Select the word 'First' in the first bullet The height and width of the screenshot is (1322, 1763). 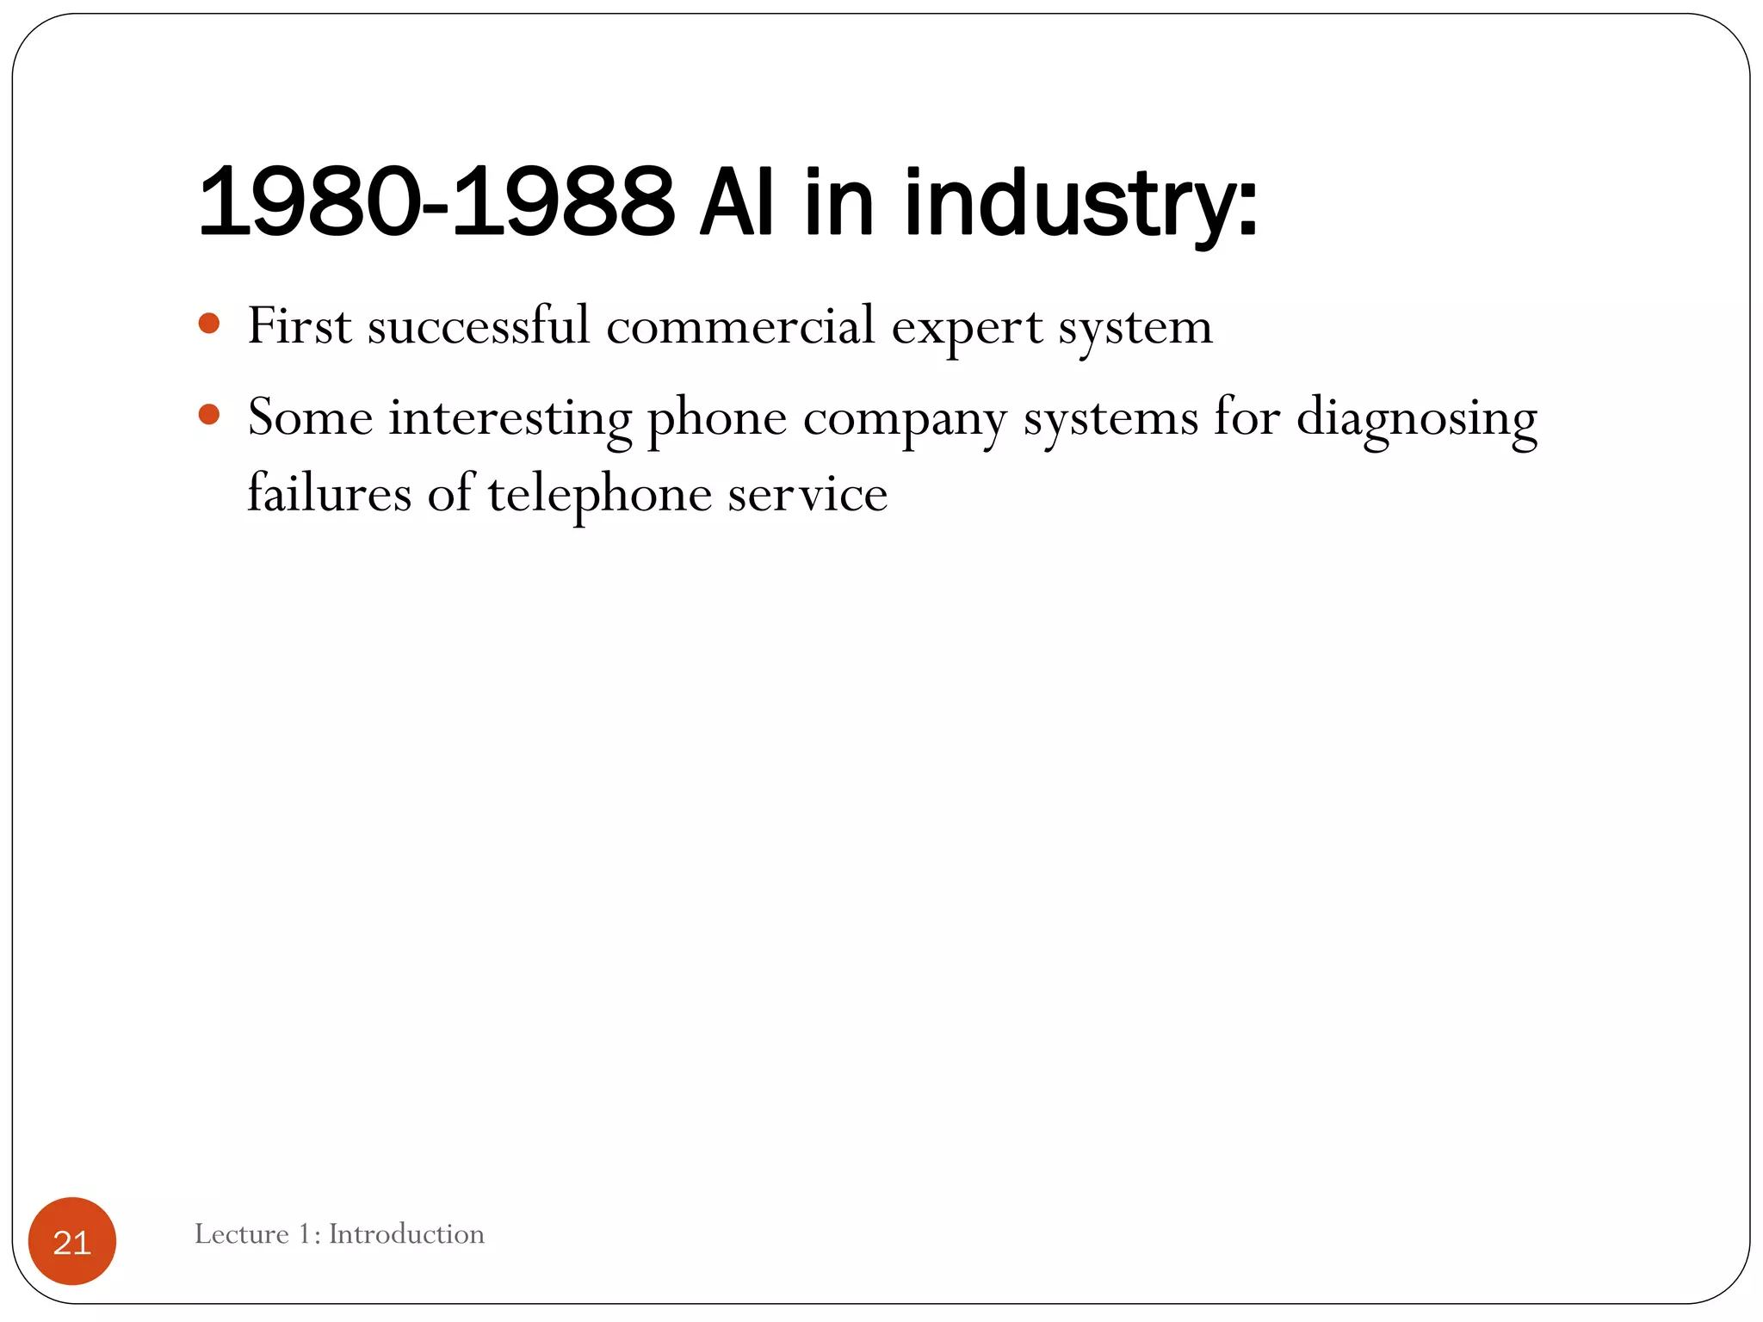click(300, 326)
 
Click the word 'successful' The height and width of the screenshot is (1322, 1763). click(479, 326)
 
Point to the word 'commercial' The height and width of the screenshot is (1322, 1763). click(740, 326)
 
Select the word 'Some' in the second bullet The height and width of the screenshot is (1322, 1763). click(310, 418)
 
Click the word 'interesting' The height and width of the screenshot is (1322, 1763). click(510, 420)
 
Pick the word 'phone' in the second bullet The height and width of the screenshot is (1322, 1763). click(716, 420)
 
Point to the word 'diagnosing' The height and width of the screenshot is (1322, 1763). click(1416, 420)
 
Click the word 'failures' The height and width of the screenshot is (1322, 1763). click(330, 494)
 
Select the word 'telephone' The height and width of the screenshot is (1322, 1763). click(599, 496)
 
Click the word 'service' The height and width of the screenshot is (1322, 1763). click(807, 496)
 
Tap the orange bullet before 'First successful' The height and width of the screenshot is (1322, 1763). click(209, 324)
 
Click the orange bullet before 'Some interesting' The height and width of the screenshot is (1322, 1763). click(209, 415)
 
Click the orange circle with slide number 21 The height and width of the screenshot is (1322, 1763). click(72, 1241)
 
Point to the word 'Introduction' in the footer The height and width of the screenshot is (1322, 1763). click(406, 1234)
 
